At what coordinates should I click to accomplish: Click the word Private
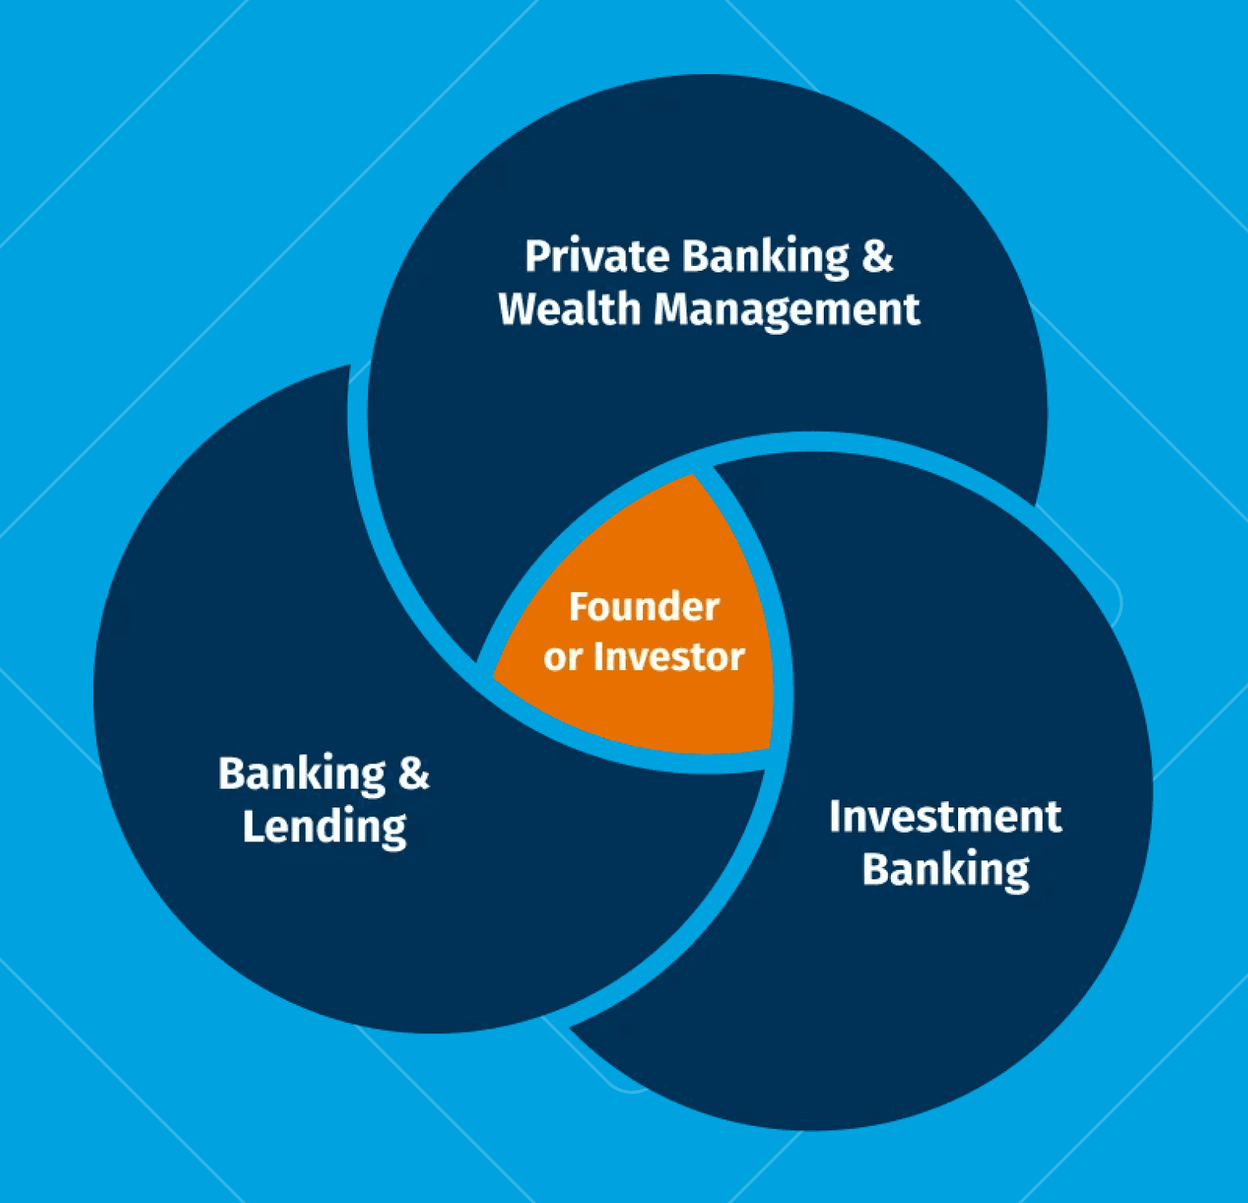[597, 257]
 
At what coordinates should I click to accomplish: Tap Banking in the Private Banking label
[765, 257]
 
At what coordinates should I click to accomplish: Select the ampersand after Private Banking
[877, 257]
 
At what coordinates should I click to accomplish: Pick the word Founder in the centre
[644, 607]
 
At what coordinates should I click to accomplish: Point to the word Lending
[324, 827]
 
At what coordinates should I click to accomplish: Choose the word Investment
[945, 817]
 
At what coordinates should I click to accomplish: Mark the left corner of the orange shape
[495, 676]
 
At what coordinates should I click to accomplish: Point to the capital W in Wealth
[518, 309]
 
